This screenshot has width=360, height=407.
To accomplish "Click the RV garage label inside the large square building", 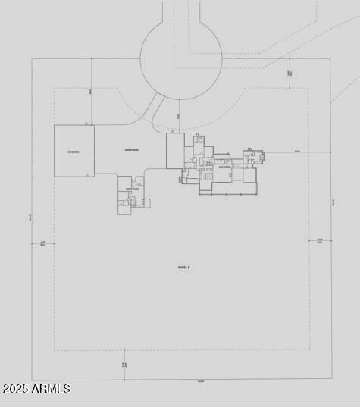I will coord(74,152).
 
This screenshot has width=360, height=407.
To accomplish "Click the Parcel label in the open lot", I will coord(183,267).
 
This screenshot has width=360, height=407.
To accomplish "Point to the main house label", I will coord(224,168).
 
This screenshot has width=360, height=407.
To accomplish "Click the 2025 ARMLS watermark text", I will coord(36,389).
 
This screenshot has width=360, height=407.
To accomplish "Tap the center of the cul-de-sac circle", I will coord(181,58).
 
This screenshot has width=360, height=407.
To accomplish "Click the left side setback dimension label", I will coord(42,243).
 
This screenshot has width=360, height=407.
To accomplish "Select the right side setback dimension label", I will coord(319,242).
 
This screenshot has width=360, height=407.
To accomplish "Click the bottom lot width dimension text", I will coord(200,380).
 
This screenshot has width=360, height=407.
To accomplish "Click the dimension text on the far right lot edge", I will coord(333,201).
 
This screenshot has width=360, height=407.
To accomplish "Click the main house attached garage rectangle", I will coord(175,151).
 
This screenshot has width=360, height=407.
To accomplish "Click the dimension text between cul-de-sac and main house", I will coord(178,116).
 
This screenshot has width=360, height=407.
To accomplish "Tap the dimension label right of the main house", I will coord(297,152).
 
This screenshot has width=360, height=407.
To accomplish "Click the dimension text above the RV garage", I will coord(90,91).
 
